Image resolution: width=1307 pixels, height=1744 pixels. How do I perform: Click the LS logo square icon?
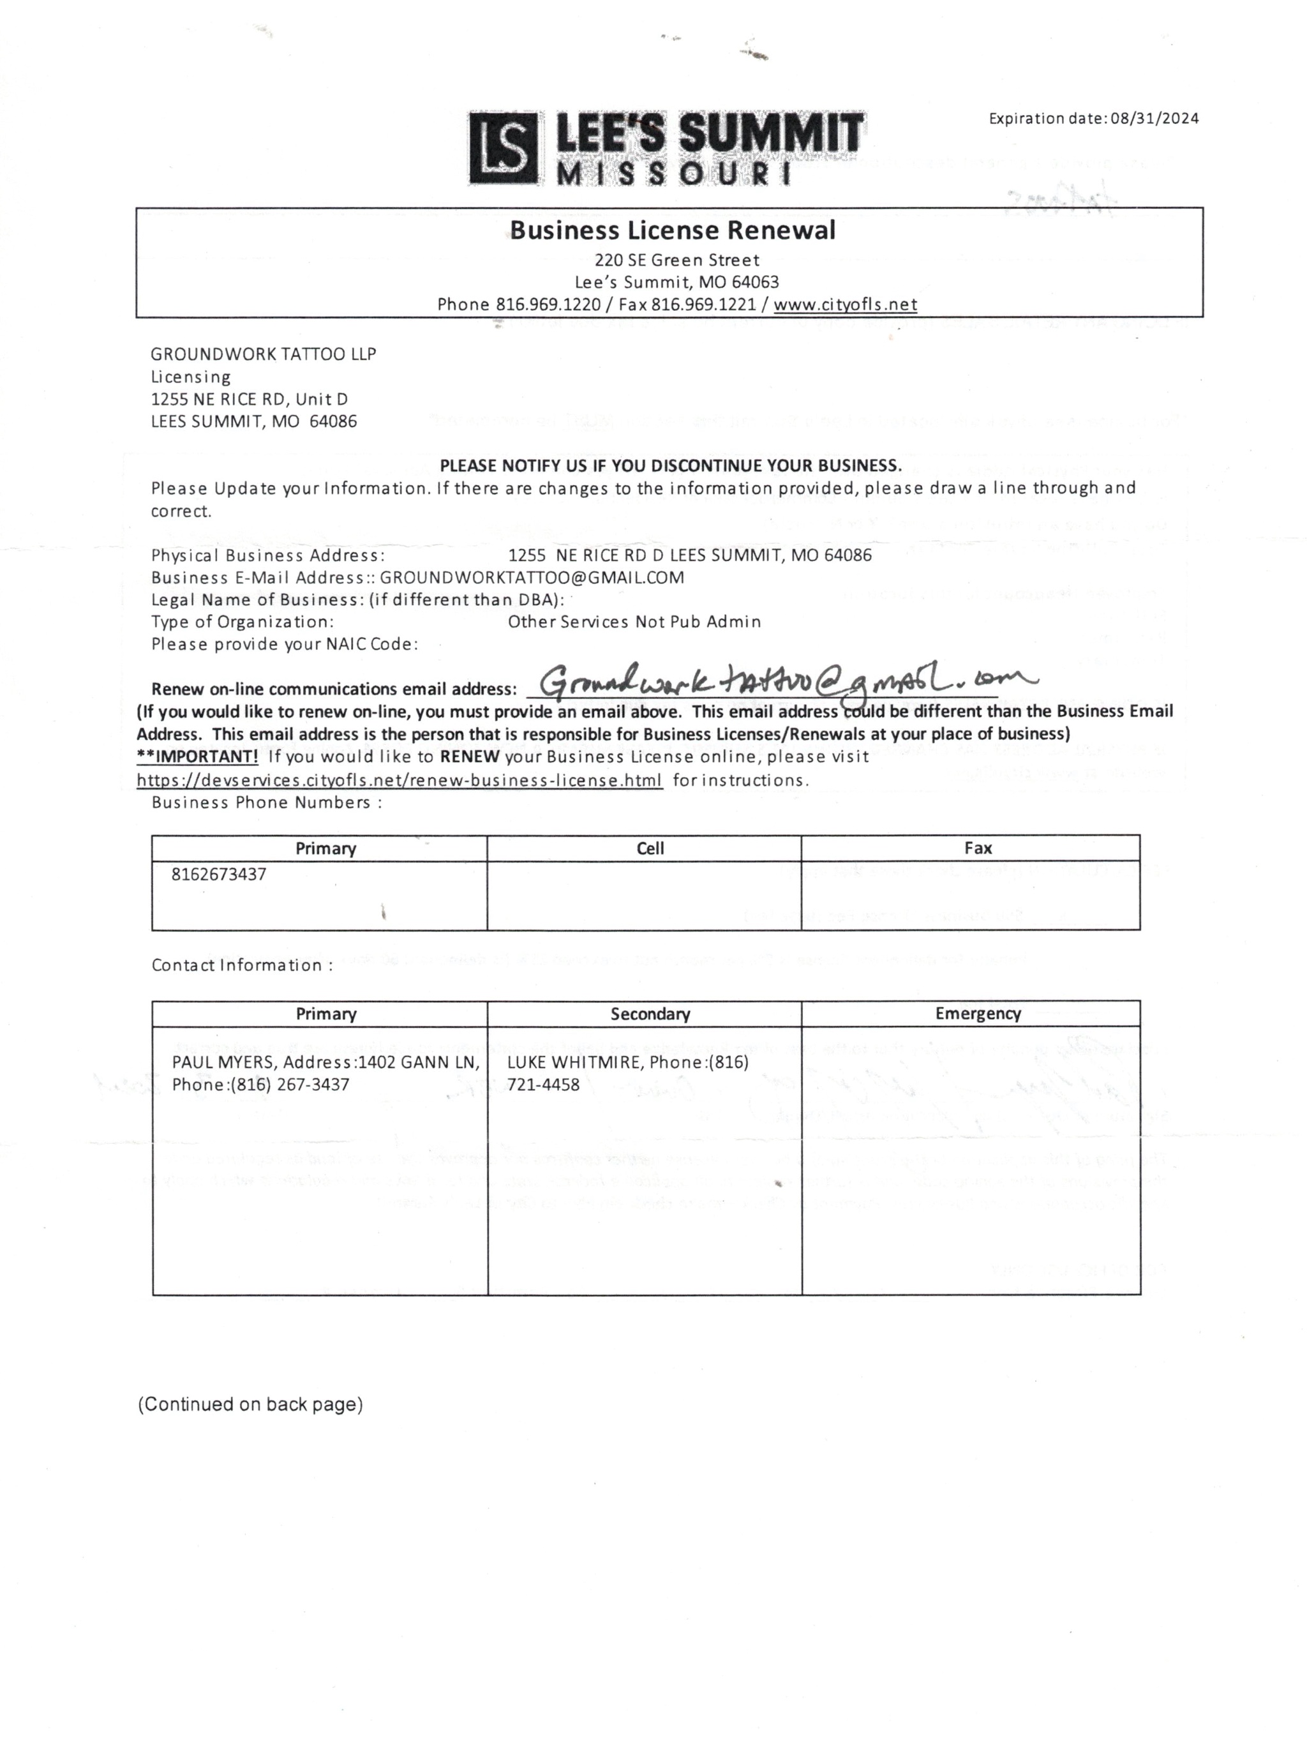503,147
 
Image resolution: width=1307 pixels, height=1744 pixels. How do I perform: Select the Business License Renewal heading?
673,230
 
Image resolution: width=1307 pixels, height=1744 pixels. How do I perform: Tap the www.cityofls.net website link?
845,304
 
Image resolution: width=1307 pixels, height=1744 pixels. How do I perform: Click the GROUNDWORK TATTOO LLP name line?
264,354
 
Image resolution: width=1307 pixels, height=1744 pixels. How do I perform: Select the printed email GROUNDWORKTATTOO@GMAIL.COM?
532,577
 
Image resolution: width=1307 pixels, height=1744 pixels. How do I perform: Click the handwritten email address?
780,680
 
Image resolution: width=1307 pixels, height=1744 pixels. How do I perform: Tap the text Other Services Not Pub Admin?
634,621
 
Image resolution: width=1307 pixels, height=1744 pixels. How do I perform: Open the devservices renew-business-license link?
400,781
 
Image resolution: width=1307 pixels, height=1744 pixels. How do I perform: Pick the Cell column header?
650,848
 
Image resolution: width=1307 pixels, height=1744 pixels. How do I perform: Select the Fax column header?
978,848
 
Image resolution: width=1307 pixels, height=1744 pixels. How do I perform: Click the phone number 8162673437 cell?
219,875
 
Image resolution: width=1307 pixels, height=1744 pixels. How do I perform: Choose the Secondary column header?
650,1014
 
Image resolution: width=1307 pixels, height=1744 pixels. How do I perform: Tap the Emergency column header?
978,1014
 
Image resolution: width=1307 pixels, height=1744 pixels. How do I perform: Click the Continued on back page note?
250,1404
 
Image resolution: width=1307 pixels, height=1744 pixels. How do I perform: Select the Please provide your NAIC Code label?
284,644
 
